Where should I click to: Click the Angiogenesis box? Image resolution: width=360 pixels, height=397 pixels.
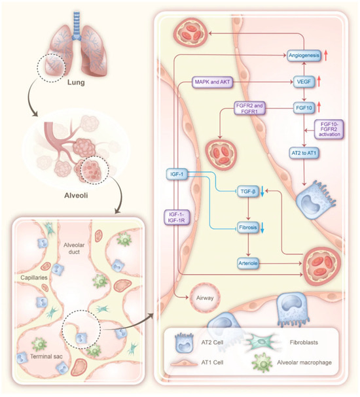304,56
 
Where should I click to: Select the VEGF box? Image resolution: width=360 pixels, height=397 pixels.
304,82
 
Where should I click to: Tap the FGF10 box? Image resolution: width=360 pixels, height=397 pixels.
304,108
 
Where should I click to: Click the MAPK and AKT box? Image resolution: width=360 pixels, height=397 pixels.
212,82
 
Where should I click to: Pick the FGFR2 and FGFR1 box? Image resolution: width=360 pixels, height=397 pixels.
249,108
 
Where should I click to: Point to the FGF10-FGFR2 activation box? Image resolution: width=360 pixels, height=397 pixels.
329,129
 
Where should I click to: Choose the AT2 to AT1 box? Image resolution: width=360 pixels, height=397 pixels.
304,153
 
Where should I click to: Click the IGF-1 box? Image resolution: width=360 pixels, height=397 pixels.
177,174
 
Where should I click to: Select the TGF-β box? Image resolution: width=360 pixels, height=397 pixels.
248,192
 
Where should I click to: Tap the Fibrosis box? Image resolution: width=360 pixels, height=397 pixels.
248,228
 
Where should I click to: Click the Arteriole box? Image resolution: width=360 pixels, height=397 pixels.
248,264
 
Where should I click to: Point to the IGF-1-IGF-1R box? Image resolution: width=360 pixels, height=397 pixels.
177,218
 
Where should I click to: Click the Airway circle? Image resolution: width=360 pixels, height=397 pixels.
205,298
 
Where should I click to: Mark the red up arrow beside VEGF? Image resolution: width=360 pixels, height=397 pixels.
319,82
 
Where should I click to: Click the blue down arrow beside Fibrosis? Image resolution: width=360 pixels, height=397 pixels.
262,228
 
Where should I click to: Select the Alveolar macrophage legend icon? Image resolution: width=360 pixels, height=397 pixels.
262,363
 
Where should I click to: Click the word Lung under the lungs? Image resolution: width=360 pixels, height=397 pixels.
76,82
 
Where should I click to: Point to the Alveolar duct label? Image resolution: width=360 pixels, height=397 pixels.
74,249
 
